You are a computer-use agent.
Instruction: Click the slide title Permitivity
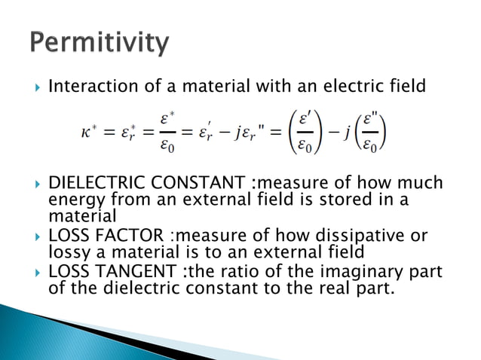tap(100, 42)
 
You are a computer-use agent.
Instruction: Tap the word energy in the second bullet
tap(72, 200)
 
